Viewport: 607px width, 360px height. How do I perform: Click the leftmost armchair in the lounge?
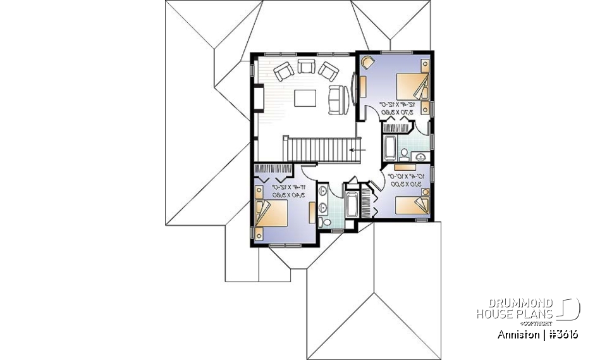point(282,70)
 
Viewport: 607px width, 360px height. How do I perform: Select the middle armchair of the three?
point(306,67)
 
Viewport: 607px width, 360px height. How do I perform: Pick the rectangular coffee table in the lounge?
point(306,99)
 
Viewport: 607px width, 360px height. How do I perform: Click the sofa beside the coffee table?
point(336,98)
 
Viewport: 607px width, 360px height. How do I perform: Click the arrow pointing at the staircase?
point(359,149)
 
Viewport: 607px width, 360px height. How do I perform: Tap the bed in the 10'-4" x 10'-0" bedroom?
point(412,205)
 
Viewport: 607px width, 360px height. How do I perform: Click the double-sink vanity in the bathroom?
point(323,199)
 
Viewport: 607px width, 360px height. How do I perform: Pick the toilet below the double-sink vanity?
point(324,221)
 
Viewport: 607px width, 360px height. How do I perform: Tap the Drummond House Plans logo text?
point(515,309)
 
